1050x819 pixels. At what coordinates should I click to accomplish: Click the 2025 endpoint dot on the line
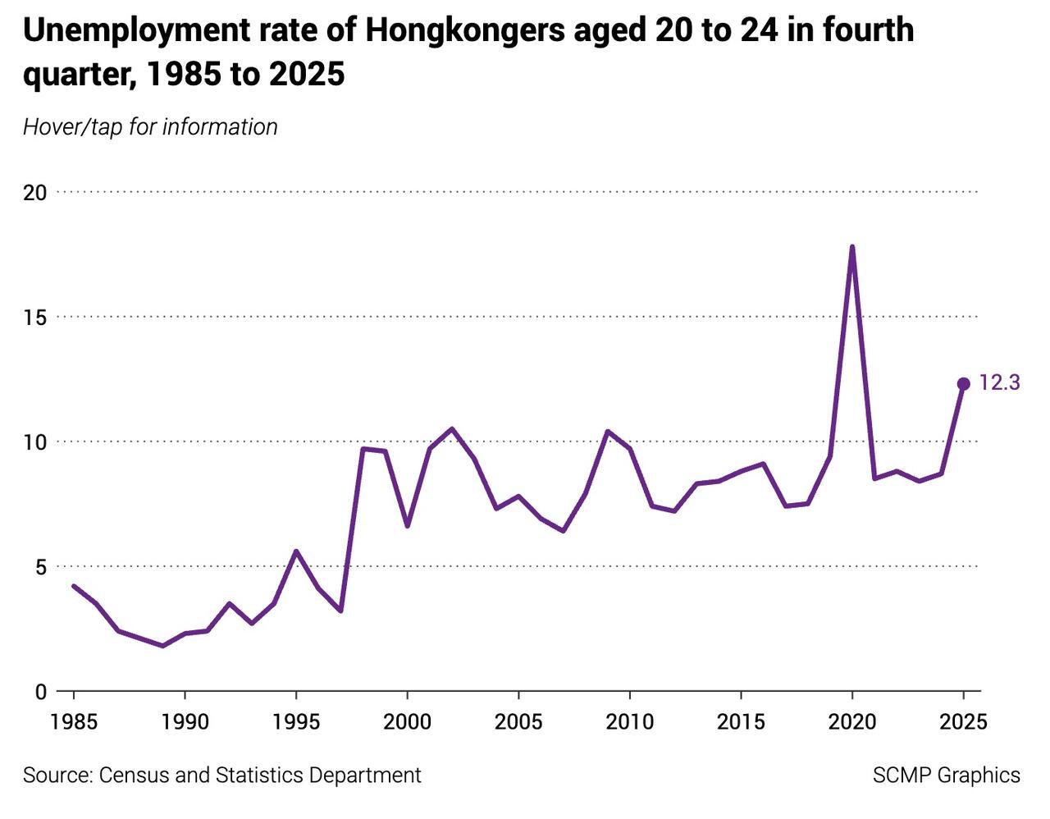964,384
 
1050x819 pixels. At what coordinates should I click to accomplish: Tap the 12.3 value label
999,382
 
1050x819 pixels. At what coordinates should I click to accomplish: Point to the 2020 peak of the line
852,247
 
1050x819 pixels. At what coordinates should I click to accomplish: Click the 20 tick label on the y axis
34,193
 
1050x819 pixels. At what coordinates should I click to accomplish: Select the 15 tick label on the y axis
34,318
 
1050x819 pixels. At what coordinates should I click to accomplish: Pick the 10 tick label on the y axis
34,442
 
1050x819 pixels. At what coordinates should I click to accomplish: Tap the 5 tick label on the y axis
40,567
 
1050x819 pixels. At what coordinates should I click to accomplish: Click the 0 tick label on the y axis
40,692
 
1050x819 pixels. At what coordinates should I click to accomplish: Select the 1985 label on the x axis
73,722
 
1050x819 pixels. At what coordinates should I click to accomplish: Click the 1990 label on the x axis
185,722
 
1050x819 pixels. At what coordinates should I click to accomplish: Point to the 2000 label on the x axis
407,722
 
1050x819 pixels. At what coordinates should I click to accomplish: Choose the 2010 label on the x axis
629,722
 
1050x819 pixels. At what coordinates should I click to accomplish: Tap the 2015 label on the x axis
741,722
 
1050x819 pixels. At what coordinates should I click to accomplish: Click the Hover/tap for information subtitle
150,127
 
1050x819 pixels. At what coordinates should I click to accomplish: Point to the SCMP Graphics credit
946,776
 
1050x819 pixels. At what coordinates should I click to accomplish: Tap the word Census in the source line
133,776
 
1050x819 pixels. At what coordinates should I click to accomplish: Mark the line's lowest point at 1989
162,646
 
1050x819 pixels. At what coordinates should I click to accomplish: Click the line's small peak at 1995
296,551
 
